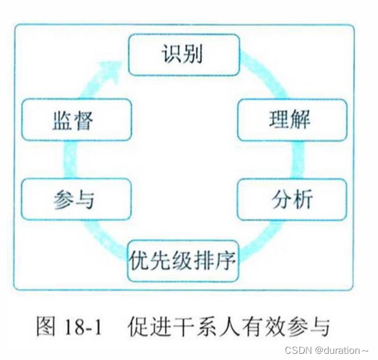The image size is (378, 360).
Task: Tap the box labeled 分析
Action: pyautogui.click(x=292, y=199)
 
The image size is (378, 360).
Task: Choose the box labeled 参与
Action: pyautogui.click(x=76, y=199)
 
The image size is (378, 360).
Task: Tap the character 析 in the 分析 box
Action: pyautogui.click(x=303, y=199)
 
